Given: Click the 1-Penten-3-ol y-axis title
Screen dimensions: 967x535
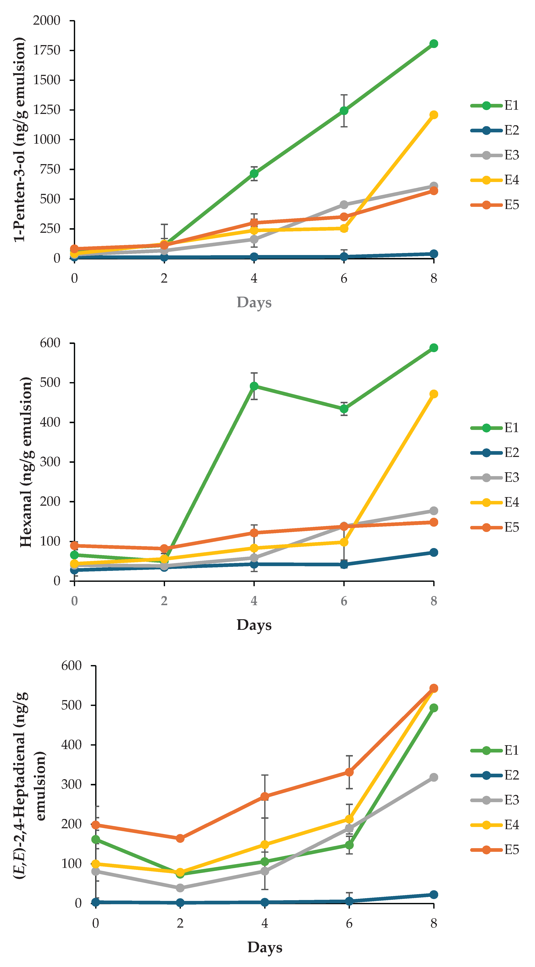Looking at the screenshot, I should tap(20, 140).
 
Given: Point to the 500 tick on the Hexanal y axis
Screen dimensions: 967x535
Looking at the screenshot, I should tap(50, 382).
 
